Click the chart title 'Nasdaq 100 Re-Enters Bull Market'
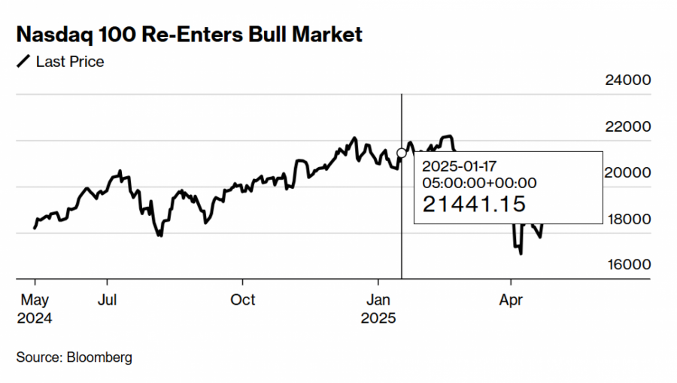189,35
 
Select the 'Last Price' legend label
70,62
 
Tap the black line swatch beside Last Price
23,62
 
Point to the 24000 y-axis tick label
628,81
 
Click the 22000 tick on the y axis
628,126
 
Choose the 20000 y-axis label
628,173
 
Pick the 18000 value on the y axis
628,220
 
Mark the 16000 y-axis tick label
628,265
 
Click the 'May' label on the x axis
35,299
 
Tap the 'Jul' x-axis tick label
108,299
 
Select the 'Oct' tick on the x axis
242,299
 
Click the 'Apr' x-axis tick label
512,299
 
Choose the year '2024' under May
35,318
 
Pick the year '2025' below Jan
378,318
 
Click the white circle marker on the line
401,153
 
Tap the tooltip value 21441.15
473,204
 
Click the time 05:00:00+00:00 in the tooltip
478,182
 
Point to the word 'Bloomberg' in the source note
99,357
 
